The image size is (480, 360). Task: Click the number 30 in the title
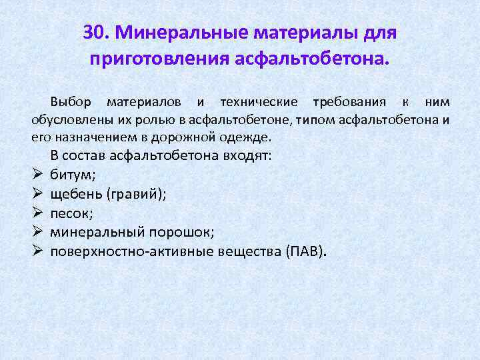(95, 32)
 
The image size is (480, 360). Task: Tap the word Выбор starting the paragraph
(69, 102)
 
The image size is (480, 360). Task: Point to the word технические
(258, 102)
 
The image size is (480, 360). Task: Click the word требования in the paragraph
(345, 102)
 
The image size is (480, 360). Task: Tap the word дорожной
(170, 138)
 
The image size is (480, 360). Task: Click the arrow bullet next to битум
(37, 175)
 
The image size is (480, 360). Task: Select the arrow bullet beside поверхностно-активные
(37, 251)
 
